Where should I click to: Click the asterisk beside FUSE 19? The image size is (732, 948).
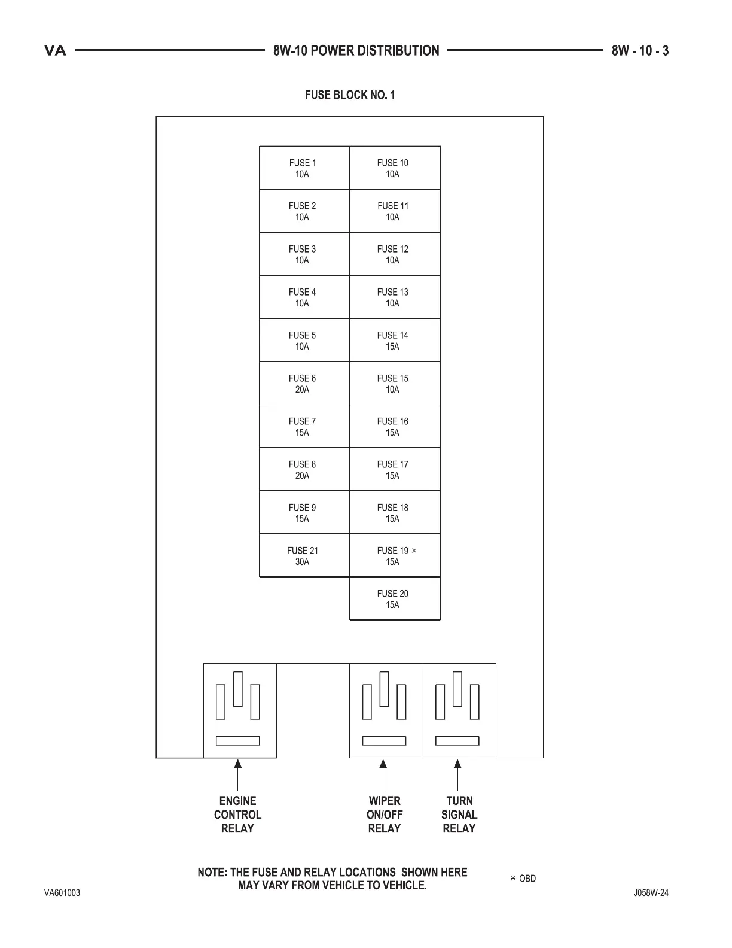[414, 551]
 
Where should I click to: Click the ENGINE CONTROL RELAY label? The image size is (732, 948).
[237, 815]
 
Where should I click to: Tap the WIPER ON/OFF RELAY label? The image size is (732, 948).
[385, 815]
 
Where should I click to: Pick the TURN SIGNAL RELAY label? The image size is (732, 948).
[459, 815]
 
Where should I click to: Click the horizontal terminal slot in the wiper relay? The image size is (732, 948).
[385, 741]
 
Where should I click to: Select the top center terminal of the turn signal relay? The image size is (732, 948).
[458, 689]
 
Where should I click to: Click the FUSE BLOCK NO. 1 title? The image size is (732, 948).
[350, 95]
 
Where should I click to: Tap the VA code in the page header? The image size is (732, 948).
[56, 51]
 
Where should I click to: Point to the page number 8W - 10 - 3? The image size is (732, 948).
[640, 51]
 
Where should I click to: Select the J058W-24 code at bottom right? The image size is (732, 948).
[651, 893]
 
